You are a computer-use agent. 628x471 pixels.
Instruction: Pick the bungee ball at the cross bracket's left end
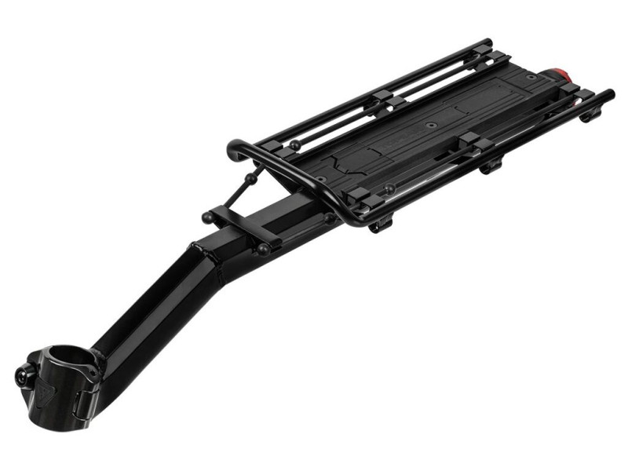[208, 217]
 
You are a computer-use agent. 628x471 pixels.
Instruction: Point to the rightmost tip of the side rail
[608, 95]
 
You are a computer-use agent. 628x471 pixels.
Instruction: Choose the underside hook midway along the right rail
[491, 164]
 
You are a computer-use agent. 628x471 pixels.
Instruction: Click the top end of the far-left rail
[487, 43]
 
